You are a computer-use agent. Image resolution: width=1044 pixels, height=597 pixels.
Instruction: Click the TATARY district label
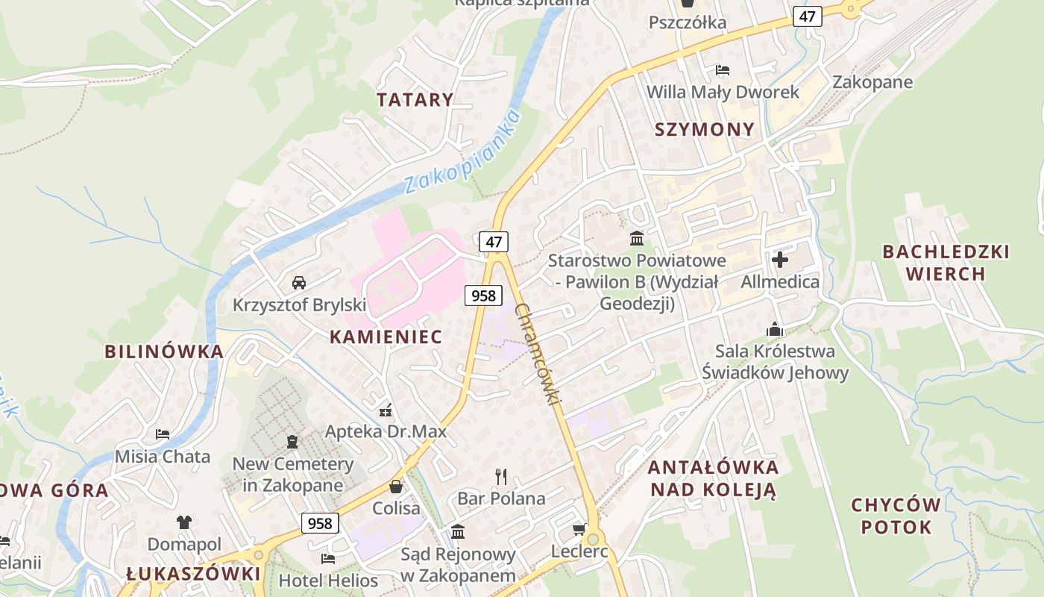click(x=415, y=100)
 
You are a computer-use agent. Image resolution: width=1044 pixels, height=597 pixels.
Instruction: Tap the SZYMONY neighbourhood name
click(x=705, y=130)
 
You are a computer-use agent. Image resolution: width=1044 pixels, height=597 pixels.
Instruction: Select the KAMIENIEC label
click(x=386, y=337)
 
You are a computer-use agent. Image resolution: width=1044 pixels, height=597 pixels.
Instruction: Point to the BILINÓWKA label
click(x=163, y=352)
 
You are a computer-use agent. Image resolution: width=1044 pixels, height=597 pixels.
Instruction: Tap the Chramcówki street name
click(x=538, y=354)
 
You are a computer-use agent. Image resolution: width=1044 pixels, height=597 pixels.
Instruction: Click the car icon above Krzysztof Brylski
click(x=299, y=283)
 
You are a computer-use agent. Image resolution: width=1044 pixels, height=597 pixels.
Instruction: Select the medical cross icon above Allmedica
click(x=780, y=260)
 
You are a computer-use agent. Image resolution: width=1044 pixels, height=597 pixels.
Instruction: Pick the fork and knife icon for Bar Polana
click(x=501, y=476)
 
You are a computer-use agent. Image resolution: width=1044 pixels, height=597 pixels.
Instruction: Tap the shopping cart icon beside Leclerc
click(x=579, y=530)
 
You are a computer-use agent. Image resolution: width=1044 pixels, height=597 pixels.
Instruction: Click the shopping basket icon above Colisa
click(x=396, y=487)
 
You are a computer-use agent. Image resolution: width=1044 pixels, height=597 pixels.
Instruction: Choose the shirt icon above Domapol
click(x=184, y=522)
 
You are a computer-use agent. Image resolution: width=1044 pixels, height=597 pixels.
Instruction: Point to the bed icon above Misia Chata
click(x=163, y=434)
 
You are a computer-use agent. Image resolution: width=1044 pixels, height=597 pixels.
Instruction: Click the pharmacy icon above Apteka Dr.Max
click(x=386, y=410)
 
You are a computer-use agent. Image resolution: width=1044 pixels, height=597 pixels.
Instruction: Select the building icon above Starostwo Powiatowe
click(x=637, y=239)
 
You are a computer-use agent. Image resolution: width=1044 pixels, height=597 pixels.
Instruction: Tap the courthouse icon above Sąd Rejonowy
click(x=458, y=532)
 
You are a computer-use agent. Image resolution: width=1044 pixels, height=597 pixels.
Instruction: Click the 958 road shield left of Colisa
click(x=320, y=523)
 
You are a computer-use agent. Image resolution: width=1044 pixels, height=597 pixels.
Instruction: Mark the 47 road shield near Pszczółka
click(x=807, y=16)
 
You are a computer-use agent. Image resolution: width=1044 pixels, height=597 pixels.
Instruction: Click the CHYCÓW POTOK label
click(x=896, y=516)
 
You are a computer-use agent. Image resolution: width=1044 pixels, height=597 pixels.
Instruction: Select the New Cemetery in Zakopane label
click(x=292, y=475)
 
